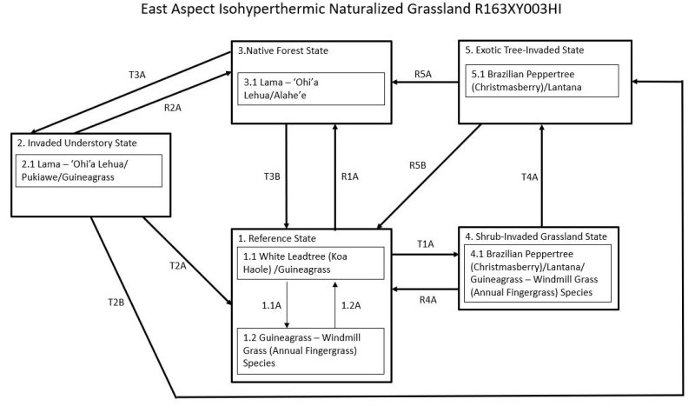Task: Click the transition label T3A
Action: coord(137,75)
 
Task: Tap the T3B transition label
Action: coord(272,176)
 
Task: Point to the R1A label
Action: coord(351,176)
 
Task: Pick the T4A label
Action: coord(528,176)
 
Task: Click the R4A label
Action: coord(427,300)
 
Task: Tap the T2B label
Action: coord(116,301)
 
